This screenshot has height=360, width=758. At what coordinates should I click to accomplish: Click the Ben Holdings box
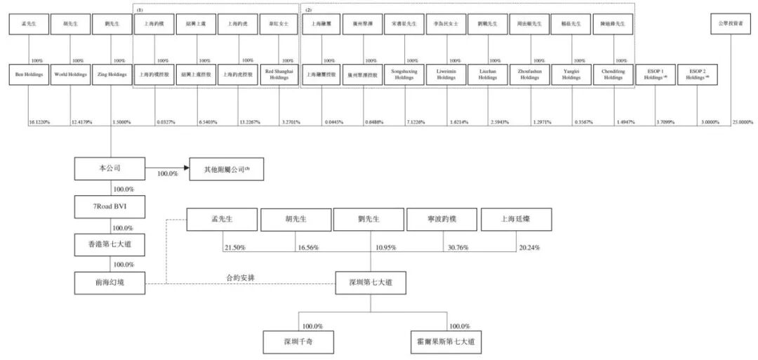click(28, 74)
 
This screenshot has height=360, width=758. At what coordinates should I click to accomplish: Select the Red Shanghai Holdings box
click(279, 74)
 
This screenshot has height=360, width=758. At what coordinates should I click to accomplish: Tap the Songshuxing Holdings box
click(404, 74)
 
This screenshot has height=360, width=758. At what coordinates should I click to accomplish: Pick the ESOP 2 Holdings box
click(698, 74)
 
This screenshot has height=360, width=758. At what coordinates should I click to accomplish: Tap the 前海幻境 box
click(109, 282)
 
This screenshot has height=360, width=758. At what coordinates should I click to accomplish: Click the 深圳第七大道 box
click(370, 282)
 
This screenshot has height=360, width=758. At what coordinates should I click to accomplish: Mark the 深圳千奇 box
click(298, 342)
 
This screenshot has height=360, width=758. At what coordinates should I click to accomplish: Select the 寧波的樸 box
click(442, 220)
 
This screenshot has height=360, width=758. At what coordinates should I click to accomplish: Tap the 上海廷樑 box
click(516, 220)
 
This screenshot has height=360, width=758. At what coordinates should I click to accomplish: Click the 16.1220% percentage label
click(41, 121)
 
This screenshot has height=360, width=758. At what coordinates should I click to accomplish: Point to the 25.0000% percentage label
click(743, 121)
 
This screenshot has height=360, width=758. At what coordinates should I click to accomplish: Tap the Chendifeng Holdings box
click(613, 74)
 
